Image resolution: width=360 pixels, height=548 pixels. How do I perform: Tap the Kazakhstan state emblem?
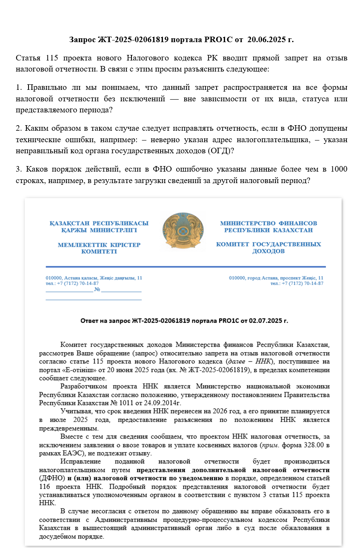(184, 232)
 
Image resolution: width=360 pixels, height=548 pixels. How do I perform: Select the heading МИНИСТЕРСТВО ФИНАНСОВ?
(269, 223)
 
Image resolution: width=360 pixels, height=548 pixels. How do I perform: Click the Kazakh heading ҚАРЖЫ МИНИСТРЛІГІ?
(99, 230)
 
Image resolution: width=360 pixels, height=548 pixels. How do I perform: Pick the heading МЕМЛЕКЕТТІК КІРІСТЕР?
(99, 245)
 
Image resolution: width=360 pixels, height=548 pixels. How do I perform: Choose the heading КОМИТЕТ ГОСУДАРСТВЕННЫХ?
(269, 244)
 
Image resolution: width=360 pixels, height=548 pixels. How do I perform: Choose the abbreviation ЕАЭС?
(71, 453)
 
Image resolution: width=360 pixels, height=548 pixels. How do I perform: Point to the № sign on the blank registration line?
(97, 290)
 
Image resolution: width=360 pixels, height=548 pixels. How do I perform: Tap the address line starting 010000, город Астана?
(276, 278)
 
